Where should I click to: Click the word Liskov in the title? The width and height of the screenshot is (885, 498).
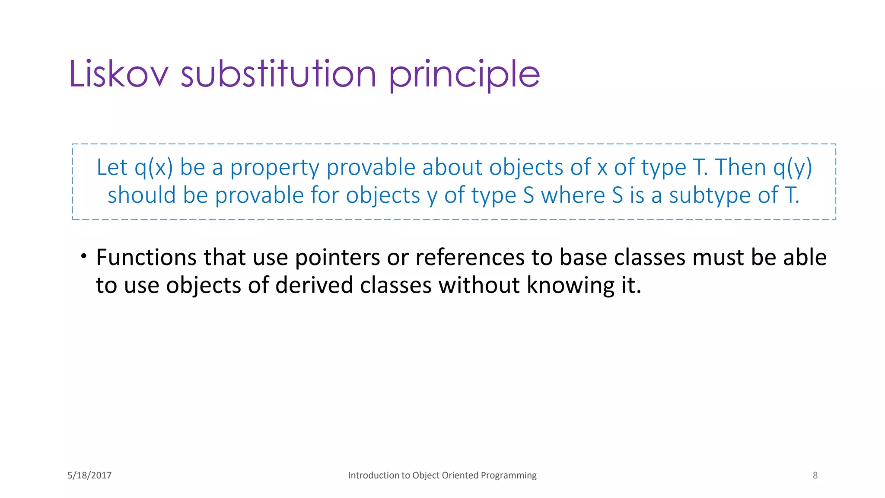(x=118, y=74)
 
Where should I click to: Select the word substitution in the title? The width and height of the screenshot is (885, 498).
(x=279, y=74)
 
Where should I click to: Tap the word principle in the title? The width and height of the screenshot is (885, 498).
(x=465, y=75)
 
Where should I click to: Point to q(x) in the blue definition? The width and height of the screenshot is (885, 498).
(x=153, y=167)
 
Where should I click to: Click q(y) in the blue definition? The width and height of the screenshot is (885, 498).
(x=793, y=167)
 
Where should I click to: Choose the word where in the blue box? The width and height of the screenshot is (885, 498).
(x=573, y=195)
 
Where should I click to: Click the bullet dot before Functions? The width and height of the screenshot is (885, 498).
(x=84, y=256)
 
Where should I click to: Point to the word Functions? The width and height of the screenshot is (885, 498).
(x=146, y=257)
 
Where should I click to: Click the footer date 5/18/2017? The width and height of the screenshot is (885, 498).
(x=89, y=476)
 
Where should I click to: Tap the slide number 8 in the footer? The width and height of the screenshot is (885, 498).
(x=815, y=476)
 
